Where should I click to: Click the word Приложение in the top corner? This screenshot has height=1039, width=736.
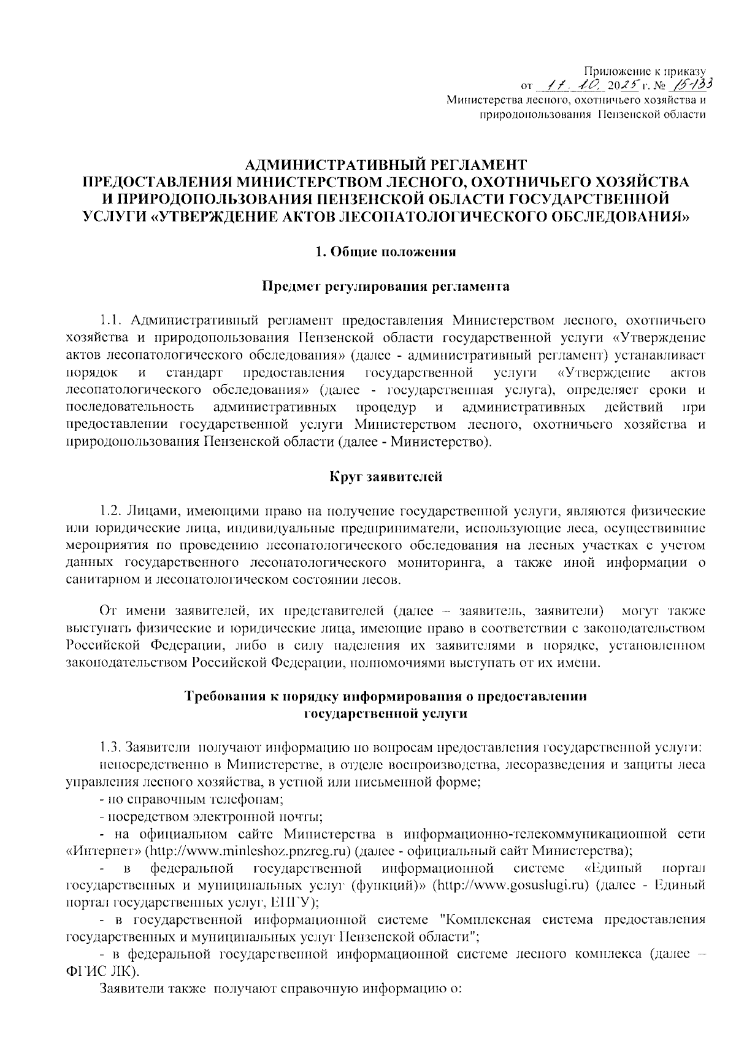(x=614, y=71)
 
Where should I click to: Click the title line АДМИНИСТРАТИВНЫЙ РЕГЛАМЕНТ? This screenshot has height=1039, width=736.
(x=386, y=164)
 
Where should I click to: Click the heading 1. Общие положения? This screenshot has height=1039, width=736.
(x=386, y=251)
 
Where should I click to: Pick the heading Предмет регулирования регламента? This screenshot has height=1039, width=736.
(x=386, y=286)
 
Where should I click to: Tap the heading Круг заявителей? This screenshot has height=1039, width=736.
(x=386, y=476)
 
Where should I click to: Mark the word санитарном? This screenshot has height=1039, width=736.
(x=99, y=580)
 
